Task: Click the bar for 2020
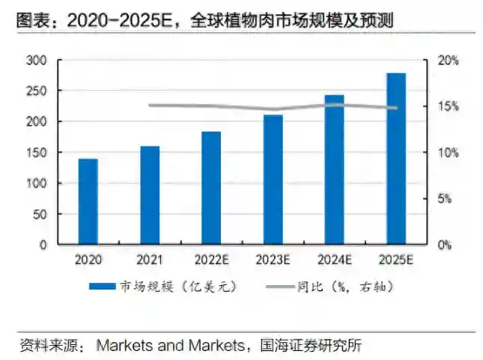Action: pos(88,201)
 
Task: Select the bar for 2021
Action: pos(150,195)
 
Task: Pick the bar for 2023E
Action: pos(273,179)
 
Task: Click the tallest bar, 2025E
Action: pos(396,159)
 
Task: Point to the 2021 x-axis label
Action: pos(150,260)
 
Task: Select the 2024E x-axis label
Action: pos(334,260)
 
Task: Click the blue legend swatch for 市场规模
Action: pos(103,287)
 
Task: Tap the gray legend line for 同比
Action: pos(280,287)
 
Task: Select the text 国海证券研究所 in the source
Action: pos(309,346)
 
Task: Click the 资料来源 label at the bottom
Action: pos(46,346)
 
